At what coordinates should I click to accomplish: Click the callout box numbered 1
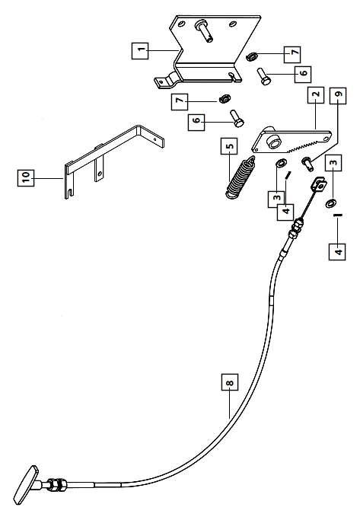(140, 51)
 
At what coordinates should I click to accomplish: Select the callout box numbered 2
(316, 95)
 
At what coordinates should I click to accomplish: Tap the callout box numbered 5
(229, 146)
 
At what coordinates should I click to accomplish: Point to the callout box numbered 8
(230, 382)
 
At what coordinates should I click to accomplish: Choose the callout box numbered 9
(338, 95)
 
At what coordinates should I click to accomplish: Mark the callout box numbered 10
(26, 177)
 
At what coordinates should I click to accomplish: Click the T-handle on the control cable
(26, 485)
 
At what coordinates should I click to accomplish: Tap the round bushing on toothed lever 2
(275, 141)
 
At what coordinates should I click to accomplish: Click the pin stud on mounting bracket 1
(204, 30)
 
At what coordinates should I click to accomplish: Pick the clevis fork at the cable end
(319, 185)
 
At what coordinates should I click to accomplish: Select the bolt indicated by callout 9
(307, 164)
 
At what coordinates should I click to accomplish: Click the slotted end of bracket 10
(68, 193)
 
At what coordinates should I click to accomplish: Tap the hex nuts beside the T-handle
(57, 484)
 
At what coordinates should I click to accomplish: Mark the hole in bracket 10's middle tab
(99, 173)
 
